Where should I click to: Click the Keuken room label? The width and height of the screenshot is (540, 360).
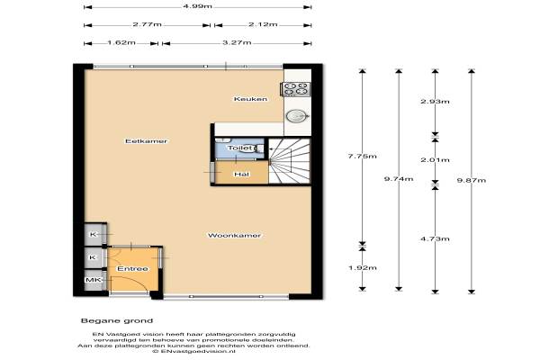pos(250,99)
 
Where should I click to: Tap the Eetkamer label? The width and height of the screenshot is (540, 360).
pos(147,141)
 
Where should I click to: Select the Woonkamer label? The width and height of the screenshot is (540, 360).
pos(234,236)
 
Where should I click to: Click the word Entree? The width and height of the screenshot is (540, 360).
pos(132,269)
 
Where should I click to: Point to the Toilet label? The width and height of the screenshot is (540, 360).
pos(240,148)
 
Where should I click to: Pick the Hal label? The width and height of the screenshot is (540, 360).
pos(241,175)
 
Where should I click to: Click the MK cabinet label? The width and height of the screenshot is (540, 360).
pos(93,280)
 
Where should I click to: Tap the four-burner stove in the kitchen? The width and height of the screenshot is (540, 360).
pos(296,89)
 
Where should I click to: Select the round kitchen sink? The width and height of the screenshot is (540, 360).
pos(297,116)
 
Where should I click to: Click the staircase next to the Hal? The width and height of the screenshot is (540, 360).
pos(290,161)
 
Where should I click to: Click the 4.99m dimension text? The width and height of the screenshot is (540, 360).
pos(198,6)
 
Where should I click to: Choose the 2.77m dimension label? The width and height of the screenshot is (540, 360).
pos(147,24)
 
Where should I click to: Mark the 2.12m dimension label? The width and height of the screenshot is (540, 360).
pos(263,24)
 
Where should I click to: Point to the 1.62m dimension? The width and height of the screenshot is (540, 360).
pos(121,43)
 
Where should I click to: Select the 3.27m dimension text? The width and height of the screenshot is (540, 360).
pos(237,43)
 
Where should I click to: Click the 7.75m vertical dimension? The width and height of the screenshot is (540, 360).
pos(362,157)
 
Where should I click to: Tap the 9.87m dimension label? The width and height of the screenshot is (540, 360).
pos(472,181)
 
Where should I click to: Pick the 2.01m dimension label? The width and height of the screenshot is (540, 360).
pos(435,160)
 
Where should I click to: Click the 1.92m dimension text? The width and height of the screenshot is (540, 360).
pos(363,268)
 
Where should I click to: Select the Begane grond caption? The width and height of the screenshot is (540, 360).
pos(117,321)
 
